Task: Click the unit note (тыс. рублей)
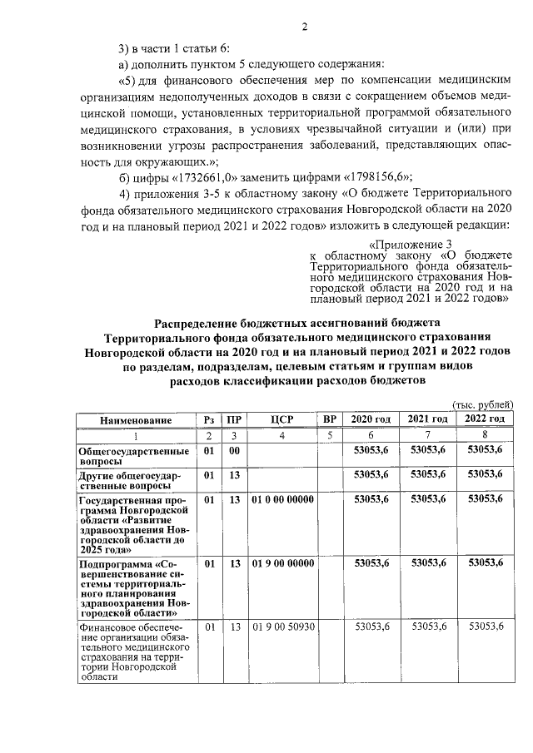point(481,404)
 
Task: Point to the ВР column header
point(330,419)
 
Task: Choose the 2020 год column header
point(371,419)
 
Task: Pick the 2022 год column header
point(485,419)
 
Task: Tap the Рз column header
point(208,419)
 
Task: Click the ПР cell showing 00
point(235,450)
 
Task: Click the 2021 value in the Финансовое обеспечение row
point(428,627)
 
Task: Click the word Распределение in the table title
point(201,322)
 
